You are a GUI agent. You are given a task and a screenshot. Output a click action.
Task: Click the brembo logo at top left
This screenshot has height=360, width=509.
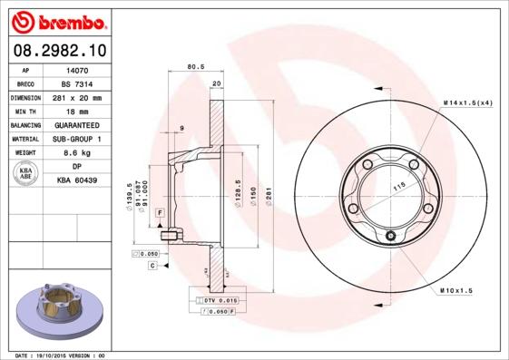coord(57,20)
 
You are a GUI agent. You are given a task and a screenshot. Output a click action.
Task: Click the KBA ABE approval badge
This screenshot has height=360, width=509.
coord(26,174)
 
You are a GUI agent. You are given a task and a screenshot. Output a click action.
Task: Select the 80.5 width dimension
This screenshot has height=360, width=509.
coord(194,66)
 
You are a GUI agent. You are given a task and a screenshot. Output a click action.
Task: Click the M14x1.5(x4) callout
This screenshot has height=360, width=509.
coord(467,102)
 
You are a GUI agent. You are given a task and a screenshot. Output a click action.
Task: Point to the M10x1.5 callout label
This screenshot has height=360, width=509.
coord(458,289)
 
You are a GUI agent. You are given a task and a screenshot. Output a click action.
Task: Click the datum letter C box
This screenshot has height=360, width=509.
coord(152,265)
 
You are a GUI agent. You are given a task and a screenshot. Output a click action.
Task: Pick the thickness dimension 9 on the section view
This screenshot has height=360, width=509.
coord(182,129)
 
